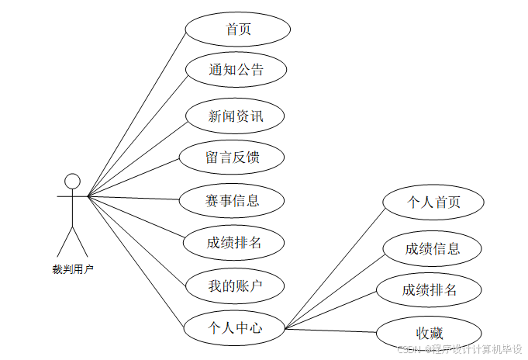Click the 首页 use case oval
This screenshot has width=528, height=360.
coord(237,29)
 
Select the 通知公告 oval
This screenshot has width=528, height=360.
coord(236,70)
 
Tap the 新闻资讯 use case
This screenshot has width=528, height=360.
coord(236,117)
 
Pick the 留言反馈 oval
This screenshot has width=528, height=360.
coord(232,157)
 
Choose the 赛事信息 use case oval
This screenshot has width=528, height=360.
coord(232,201)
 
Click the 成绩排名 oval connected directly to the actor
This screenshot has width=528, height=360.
coord(234,242)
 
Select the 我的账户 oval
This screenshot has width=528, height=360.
coord(236,286)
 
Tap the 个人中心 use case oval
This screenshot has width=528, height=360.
coord(235,327)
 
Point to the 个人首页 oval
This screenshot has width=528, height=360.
coord(433,202)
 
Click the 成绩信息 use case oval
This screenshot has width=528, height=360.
coord(433,248)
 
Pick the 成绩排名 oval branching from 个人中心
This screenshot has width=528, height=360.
coord(429,290)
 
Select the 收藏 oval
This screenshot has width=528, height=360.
coord(429,333)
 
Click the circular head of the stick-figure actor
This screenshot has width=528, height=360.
coord(72,181)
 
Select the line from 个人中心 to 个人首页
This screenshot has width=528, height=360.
coord(333,265)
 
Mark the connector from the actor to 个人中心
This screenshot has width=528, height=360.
coord(136,261)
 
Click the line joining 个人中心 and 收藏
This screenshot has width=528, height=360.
coord(330,331)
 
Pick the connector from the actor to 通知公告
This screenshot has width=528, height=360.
coord(136,133)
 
